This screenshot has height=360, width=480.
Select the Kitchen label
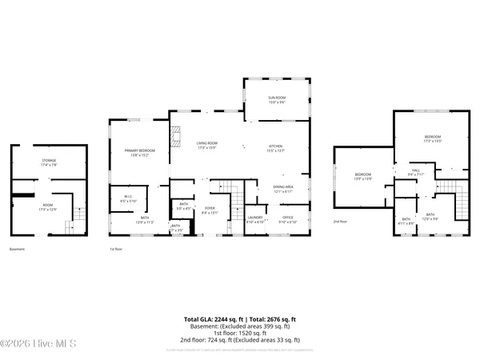[275, 146]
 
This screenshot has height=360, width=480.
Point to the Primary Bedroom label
[139, 152]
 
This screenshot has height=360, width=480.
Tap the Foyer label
[210, 210]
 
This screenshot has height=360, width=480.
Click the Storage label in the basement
[49, 162]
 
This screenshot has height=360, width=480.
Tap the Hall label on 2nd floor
[415, 171]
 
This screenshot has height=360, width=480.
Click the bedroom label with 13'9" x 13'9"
[362, 176]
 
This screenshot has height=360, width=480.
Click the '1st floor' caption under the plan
[115, 250]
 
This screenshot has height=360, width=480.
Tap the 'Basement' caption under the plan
[18, 250]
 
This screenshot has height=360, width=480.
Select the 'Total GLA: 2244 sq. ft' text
[213, 318]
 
